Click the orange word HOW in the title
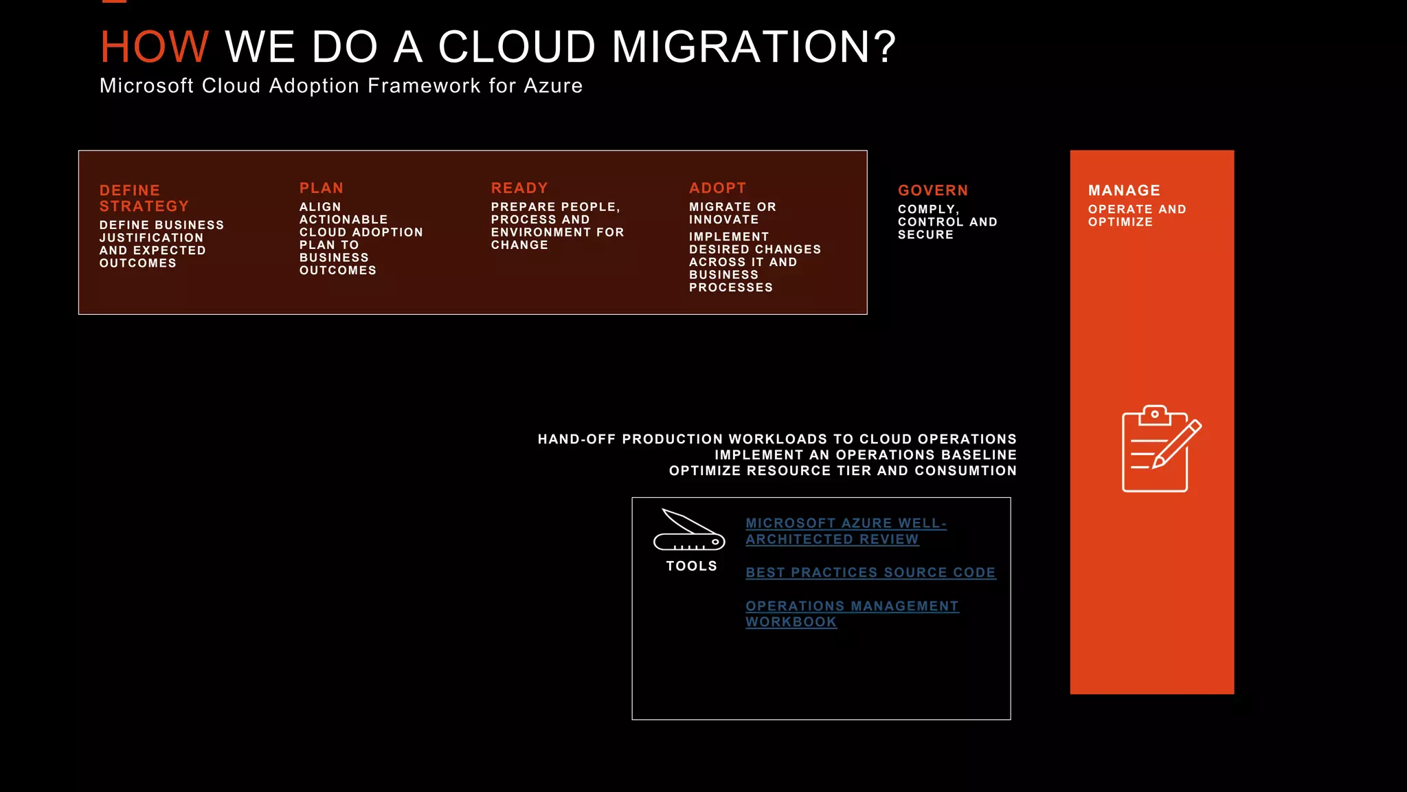154,47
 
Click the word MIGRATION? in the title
753,47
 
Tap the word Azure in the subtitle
552,86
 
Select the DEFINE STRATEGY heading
144,198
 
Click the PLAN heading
321,188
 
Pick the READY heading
519,188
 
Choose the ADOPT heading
717,188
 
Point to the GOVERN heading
932,190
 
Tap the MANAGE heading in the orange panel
1124,190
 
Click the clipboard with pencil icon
1160,449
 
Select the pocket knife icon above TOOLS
689,530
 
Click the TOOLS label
691,566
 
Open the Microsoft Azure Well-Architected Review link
845,531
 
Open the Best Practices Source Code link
870,573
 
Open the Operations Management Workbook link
851,613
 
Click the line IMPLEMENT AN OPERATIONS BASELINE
865,455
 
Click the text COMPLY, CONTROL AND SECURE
946,222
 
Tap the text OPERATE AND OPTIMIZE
1136,215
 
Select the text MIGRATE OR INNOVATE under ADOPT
732,213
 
